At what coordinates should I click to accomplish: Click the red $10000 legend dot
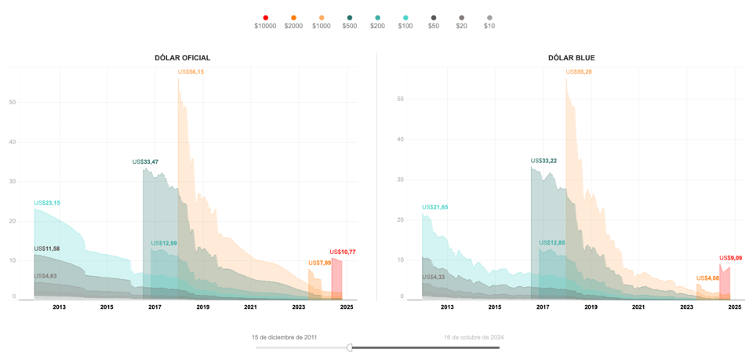pos(265,18)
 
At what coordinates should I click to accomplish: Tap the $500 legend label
pos(349,26)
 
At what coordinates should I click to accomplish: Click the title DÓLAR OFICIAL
pos(182,58)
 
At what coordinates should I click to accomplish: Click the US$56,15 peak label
pos(191,72)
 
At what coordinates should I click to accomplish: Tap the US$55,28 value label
pos(579,72)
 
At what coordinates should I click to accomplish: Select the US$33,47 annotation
pos(145,162)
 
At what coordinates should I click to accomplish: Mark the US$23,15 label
pos(47,203)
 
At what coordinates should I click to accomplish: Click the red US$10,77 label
pos(343,252)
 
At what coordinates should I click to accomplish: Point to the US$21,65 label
pos(435,208)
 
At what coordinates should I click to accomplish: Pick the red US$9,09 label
pos(730,258)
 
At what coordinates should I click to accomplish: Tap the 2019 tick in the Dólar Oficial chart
pos(203,307)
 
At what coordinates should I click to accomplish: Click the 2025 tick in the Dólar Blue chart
pos(734,307)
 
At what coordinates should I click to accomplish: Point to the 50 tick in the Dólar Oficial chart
pos(13,102)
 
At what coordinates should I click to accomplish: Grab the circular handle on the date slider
pos(350,347)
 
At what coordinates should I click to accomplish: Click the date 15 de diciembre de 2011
pos(285,337)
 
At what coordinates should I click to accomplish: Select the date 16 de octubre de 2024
pos(474,337)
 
